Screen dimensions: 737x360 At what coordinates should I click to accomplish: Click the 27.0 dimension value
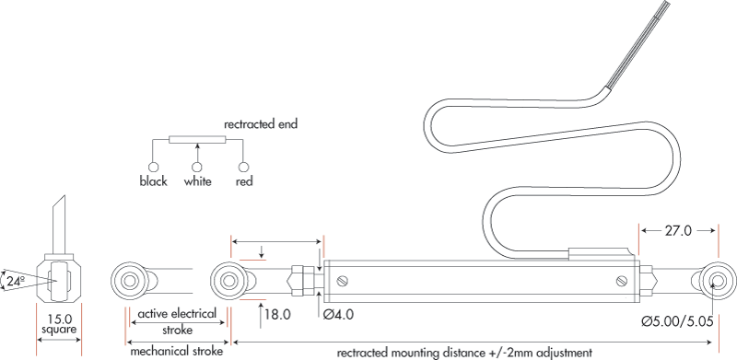coord(678,231)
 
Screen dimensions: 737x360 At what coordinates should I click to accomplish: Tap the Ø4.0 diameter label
coord(338,314)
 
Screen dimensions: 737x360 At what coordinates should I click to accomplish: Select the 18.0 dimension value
coord(277,314)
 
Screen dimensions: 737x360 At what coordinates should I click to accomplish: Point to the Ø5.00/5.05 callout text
coord(678,321)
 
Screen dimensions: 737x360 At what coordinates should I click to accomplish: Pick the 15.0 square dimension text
coord(59,324)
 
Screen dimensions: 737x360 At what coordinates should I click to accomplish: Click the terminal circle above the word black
coord(153,167)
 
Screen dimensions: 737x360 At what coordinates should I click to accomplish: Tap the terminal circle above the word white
coord(197,167)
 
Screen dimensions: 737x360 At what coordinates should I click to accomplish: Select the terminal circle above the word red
coord(243,167)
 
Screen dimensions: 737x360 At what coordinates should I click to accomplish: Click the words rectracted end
coord(261,124)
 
